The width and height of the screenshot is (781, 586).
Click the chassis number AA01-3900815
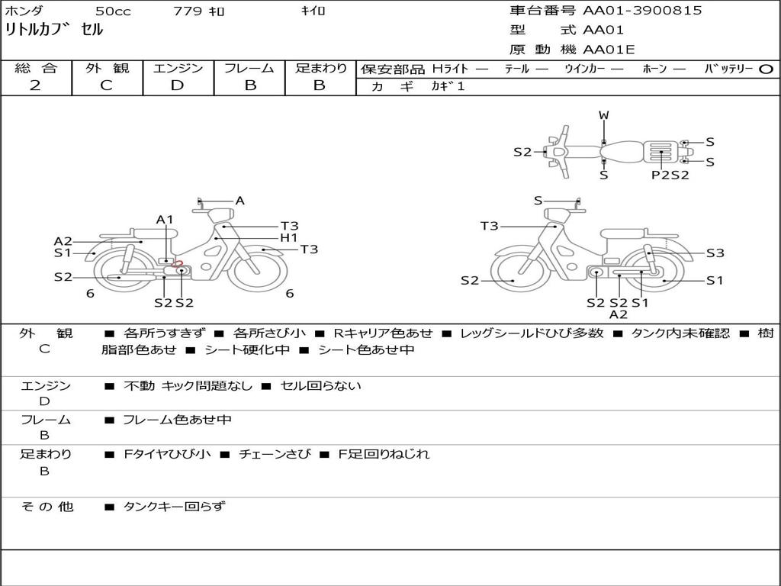click(x=642, y=10)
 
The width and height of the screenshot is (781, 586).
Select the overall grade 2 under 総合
click(x=35, y=85)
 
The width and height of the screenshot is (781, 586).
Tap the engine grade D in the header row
click(x=177, y=85)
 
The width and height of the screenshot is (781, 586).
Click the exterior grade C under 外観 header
click(x=106, y=85)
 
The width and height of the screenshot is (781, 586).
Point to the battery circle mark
click(x=766, y=69)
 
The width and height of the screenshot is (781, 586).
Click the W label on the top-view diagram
click(x=604, y=115)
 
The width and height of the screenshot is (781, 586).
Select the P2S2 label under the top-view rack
click(x=670, y=175)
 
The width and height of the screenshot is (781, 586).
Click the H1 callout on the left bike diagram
click(x=289, y=238)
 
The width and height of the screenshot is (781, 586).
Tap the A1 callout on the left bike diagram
click(x=165, y=219)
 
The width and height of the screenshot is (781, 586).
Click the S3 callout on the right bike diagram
click(x=715, y=253)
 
